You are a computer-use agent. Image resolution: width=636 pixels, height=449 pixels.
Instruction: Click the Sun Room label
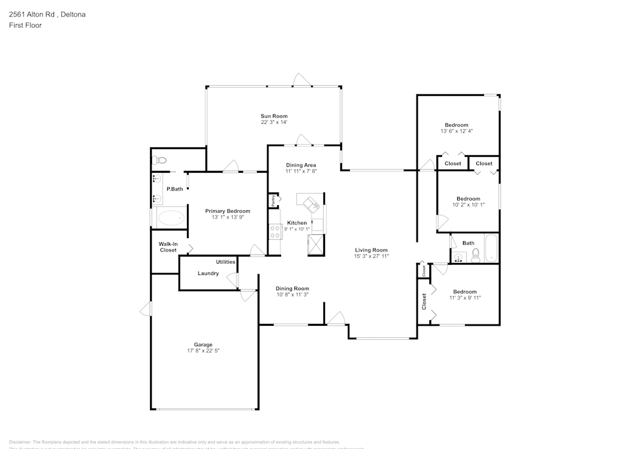point(274,116)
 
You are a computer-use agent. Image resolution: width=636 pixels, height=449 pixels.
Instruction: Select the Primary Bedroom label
point(227,211)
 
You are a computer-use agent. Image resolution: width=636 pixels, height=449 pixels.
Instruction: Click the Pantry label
point(273,201)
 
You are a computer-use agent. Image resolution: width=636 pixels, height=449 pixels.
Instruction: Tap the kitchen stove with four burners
point(275,232)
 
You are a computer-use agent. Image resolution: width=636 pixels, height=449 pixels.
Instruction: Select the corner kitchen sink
point(312,204)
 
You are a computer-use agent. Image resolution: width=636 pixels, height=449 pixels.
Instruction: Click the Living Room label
point(371,250)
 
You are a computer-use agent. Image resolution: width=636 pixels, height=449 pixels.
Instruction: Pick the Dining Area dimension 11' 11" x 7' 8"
point(301,171)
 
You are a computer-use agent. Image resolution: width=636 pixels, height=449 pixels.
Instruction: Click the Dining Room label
point(293,288)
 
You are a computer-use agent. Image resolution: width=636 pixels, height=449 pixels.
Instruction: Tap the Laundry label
point(208,274)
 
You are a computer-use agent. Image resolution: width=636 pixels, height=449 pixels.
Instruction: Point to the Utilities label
point(226,262)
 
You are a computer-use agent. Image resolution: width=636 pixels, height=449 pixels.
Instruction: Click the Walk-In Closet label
point(168,247)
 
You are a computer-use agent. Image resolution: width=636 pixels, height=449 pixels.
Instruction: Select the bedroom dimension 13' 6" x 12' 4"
point(457,131)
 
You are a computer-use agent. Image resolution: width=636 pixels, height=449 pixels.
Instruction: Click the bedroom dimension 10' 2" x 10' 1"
point(468,205)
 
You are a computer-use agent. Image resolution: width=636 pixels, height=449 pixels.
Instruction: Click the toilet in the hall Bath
point(475,255)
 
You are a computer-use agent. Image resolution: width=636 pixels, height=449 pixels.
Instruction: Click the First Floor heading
point(25,25)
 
